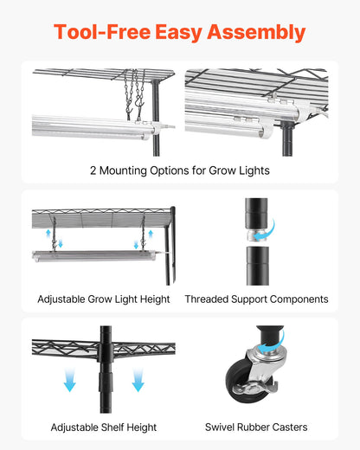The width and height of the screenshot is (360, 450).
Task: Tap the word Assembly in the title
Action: coord(259,33)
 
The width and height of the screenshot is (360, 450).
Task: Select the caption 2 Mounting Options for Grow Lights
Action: coord(179,170)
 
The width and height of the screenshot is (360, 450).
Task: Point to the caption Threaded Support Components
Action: coord(256,299)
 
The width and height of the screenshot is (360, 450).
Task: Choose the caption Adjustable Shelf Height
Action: coord(104,427)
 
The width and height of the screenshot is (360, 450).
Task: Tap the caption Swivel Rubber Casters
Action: coord(256,427)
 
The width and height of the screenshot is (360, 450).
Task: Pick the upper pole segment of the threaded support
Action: coord(254,212)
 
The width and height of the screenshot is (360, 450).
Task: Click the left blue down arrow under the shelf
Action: coord(69,378)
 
